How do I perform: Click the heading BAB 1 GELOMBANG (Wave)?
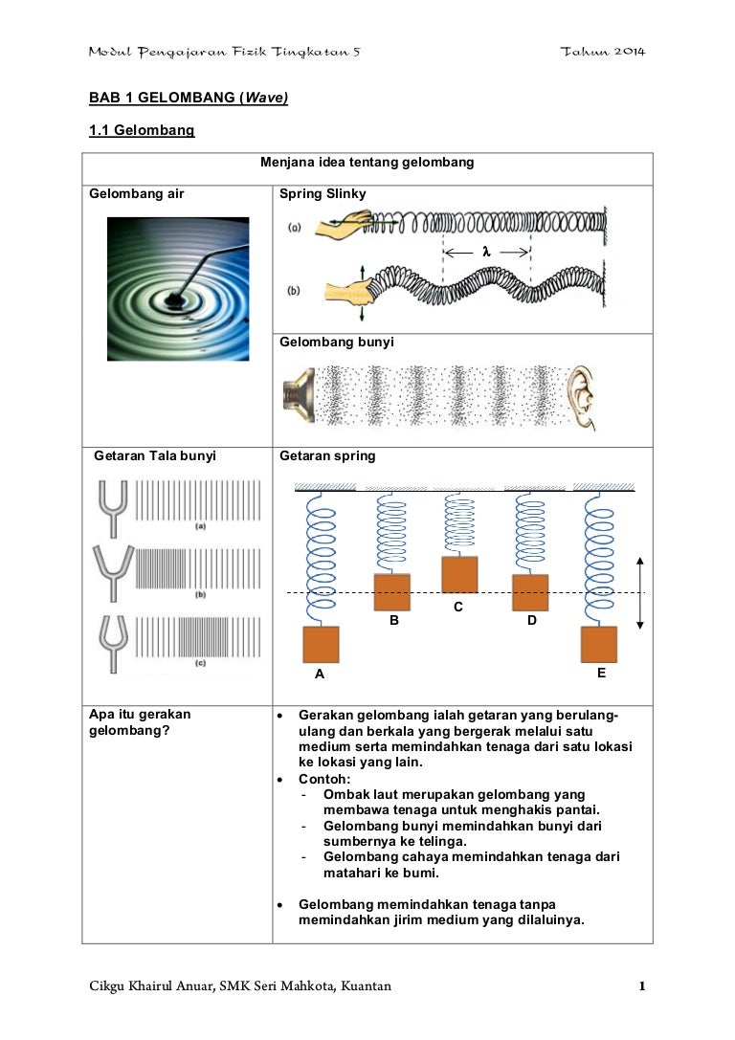coord(189,97)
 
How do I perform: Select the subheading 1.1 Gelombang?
coord(142,130)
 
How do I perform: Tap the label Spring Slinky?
coord(323,194)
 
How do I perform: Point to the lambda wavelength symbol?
coord(486,251)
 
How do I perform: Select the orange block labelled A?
coord(321,644)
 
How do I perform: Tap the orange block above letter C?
coord(458,574)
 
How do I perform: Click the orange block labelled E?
coord(599,644)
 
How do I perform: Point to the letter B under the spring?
coord(393,620)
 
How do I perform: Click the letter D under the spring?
coord(532,620)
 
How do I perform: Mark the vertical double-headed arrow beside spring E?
coord(640,592)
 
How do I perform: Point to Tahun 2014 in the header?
coord(602,50)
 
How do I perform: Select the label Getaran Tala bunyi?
coord(155,456)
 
